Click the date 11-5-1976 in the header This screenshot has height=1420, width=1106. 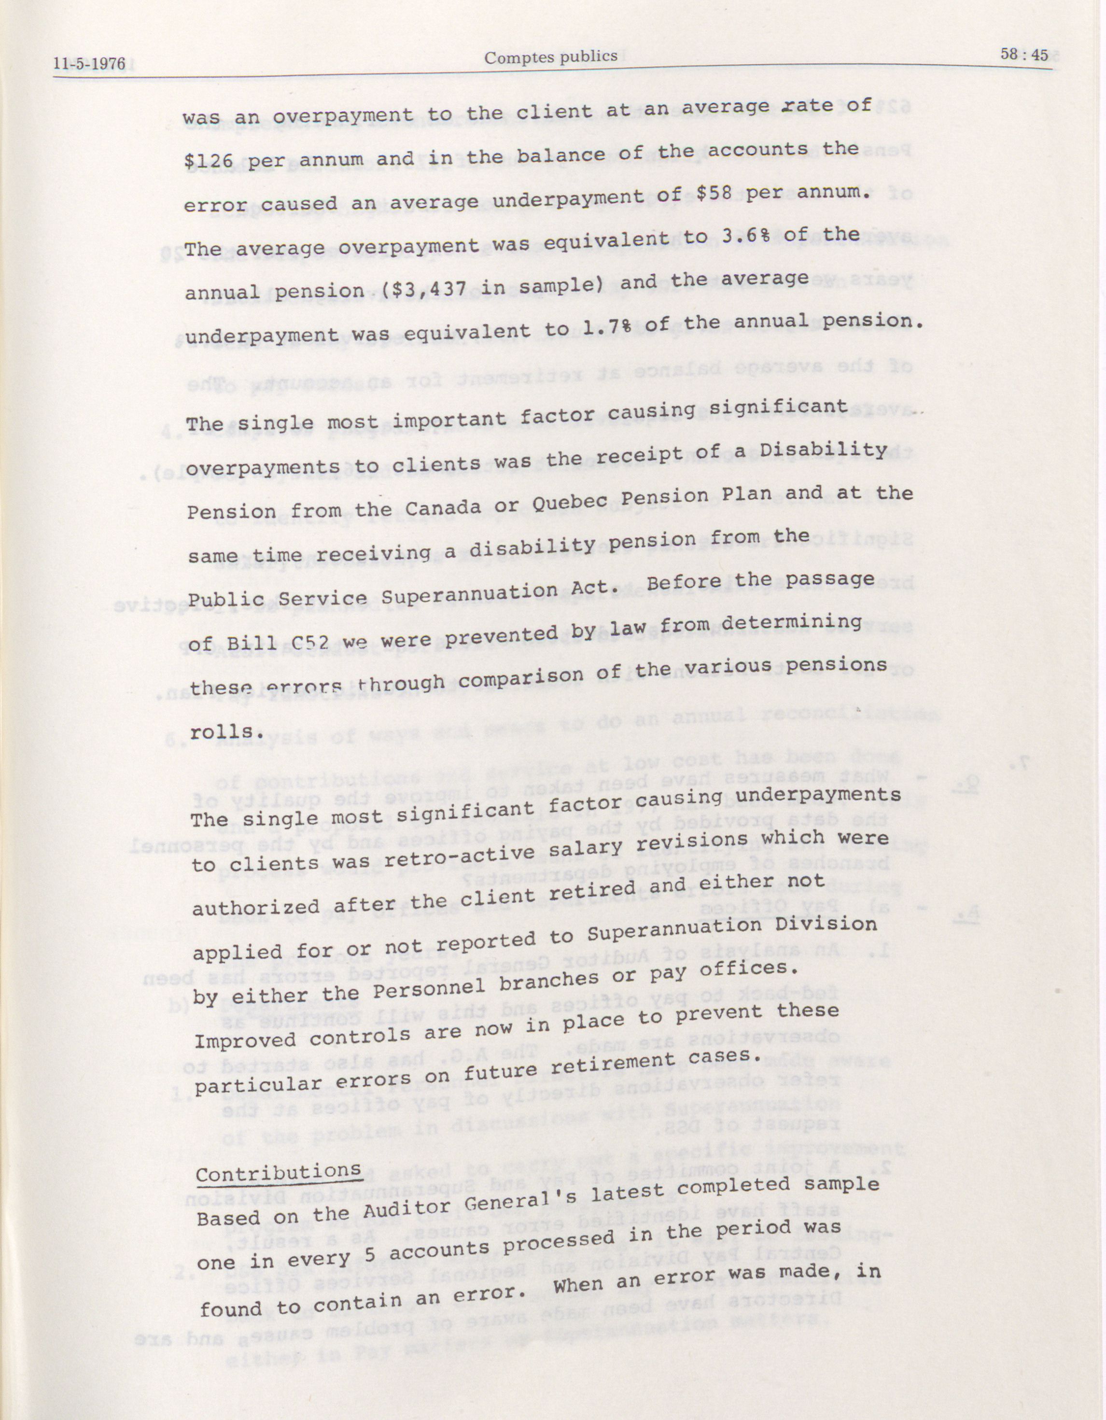point(89,64)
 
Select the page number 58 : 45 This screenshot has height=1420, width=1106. point(1024,55)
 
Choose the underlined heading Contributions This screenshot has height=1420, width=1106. point(278,1172)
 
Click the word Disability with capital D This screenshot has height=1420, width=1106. point(816,450)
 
